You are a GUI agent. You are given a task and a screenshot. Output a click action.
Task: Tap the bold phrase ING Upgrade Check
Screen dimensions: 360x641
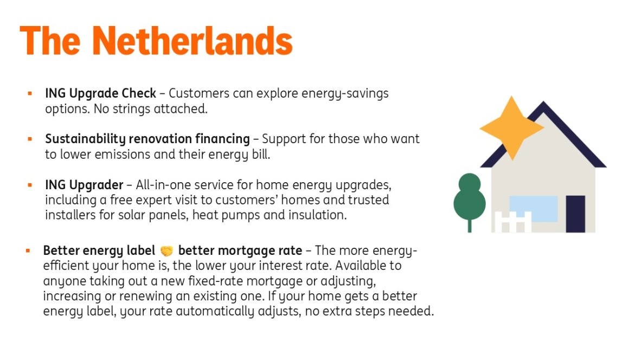[100, 93]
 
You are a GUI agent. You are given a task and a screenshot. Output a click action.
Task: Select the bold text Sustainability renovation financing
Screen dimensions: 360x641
[148, 139]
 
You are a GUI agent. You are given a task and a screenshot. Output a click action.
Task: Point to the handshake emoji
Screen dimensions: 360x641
[166, 251]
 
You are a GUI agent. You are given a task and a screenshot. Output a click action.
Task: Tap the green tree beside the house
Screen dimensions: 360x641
[469, 198]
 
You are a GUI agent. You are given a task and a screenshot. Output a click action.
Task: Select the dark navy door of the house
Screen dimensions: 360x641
[575, 214]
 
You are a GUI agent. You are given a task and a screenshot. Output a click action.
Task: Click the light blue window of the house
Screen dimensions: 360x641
[533, 208]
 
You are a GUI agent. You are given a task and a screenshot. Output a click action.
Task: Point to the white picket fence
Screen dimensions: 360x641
[512, 222]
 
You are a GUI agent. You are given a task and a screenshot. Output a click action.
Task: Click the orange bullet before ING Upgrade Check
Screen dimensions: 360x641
[30, 93]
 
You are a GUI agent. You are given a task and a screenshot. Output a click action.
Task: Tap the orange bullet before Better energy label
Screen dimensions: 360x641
[28, 251]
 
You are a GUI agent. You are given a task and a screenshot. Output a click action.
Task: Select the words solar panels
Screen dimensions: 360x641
[155, 215]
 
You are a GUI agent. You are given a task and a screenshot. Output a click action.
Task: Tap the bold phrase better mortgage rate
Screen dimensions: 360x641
[240, 251]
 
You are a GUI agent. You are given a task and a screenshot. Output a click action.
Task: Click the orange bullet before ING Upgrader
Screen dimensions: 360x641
[30, 185]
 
